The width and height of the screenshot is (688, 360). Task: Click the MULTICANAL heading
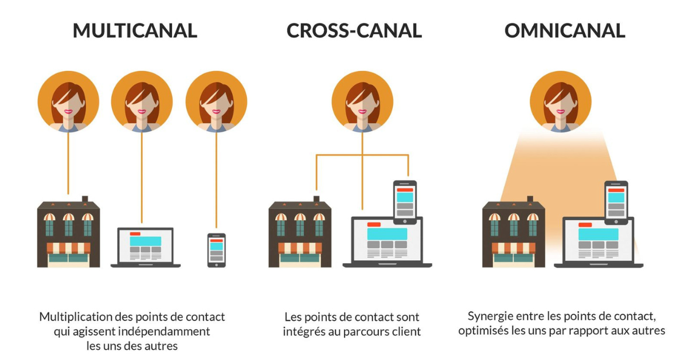point(135,31)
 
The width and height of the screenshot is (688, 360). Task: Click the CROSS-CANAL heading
point(354,31)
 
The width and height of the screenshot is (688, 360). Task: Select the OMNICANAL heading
point(565,31)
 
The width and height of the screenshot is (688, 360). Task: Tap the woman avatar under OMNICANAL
point(561,101)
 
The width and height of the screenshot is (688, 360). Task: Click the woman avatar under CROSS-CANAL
point(362,101)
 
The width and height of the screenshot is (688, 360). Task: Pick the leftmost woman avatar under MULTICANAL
point(68,101)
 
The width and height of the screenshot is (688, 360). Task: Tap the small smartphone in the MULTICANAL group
point(217,251)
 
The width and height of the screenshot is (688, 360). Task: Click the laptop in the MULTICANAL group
point(146,248)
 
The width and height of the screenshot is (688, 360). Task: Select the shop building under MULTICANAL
point(68,232)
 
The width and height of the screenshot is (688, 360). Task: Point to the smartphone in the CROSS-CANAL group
point(405,202)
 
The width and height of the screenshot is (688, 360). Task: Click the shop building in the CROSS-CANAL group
point(300,232)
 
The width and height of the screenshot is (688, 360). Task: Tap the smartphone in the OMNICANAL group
point(616,203)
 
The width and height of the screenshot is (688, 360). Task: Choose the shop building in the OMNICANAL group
point(514,232)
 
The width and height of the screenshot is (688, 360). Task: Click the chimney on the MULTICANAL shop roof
point(85,199)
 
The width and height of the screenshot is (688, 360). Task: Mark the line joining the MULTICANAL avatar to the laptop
point(142,178)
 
